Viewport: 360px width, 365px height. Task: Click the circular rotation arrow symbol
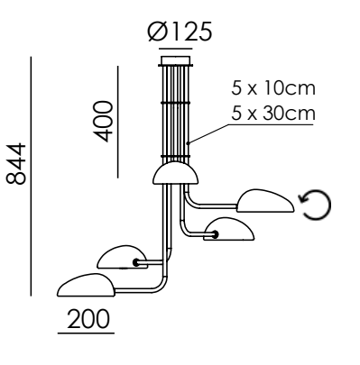tap(317, 205)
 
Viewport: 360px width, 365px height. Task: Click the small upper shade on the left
tap(123, 256)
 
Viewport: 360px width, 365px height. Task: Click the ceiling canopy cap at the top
tap(174, 62)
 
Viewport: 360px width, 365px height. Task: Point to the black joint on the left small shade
tap(135, 262)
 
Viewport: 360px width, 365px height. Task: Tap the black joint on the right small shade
tap(215, 236)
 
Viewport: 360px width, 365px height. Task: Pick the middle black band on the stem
tap(174, 104)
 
